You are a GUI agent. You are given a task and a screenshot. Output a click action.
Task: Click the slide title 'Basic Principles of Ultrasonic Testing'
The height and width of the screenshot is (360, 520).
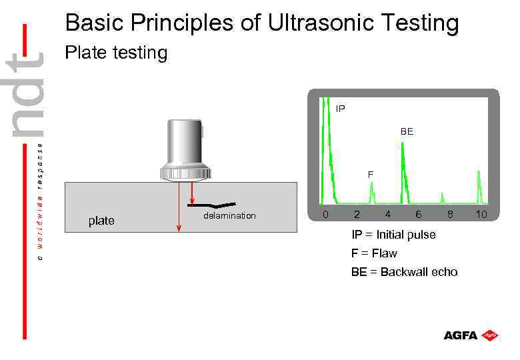click(x=262, y=23)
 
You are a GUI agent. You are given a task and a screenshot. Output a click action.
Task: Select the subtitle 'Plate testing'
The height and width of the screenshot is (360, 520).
click(x=116, y=53)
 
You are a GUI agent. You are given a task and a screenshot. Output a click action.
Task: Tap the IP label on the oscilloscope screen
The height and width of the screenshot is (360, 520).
click(x=341, y=108)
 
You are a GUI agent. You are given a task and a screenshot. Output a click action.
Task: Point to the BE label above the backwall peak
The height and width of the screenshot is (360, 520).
click(x=407, y=132)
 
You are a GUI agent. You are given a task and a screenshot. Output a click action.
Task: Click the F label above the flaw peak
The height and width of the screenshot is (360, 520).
click(x=371, y=174)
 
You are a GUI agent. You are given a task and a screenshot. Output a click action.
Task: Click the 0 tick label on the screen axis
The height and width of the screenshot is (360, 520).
click(x=325, y=215)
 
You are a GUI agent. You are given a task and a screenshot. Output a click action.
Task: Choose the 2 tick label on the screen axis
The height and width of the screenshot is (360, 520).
click(x=357, y=215)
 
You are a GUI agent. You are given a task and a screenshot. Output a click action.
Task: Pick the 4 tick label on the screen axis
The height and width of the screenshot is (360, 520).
click(x=387, y=215)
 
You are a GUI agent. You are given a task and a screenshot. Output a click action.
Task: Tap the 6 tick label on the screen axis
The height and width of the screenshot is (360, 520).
click(x=418, y=215)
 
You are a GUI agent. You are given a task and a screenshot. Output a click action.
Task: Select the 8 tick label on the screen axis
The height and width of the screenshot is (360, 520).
click(x=450, y=215)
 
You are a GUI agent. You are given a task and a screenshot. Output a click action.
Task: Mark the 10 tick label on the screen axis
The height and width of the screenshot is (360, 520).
click(x=481, y=215)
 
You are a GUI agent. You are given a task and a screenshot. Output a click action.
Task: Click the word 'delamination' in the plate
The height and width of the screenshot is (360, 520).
click(x=229, y=216)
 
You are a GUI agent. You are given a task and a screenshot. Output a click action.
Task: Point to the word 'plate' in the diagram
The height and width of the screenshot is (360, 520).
click(x=101, y=221)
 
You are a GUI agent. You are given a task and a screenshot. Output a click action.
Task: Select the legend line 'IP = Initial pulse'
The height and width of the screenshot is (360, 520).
click(x=393, y=235)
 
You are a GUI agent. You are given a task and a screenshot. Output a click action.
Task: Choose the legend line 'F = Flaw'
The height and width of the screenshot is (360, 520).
click(x=374, y=253)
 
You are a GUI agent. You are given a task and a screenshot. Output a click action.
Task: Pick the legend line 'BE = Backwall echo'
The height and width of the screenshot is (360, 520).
click(x=404, y=272)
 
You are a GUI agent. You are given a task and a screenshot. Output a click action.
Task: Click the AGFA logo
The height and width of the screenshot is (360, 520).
click(x=471, y=335)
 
